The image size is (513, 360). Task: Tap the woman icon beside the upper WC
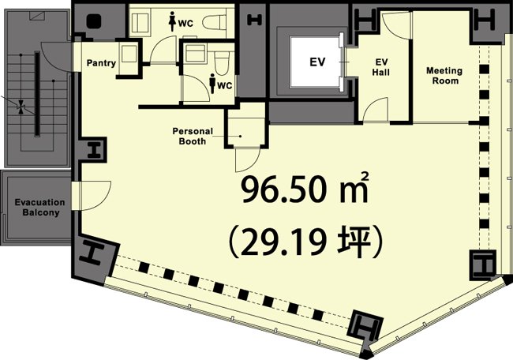tap(172, 23)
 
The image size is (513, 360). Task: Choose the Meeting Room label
tap(444, 76)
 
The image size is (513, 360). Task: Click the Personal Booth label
tap(190, 137)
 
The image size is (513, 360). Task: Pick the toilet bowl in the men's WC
tap(222, 61)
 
